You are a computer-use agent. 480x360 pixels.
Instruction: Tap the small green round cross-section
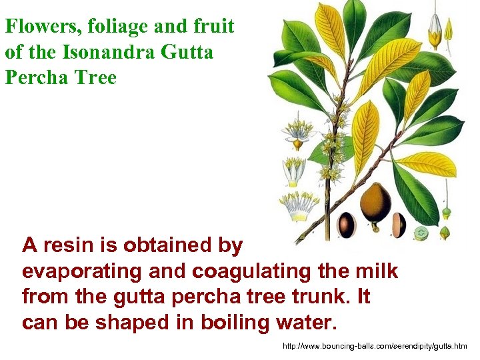(x=420, y=233)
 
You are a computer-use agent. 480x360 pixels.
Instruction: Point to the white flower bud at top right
(x=435, y=30)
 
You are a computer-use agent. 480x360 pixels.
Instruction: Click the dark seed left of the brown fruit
(x=347, y=223)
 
